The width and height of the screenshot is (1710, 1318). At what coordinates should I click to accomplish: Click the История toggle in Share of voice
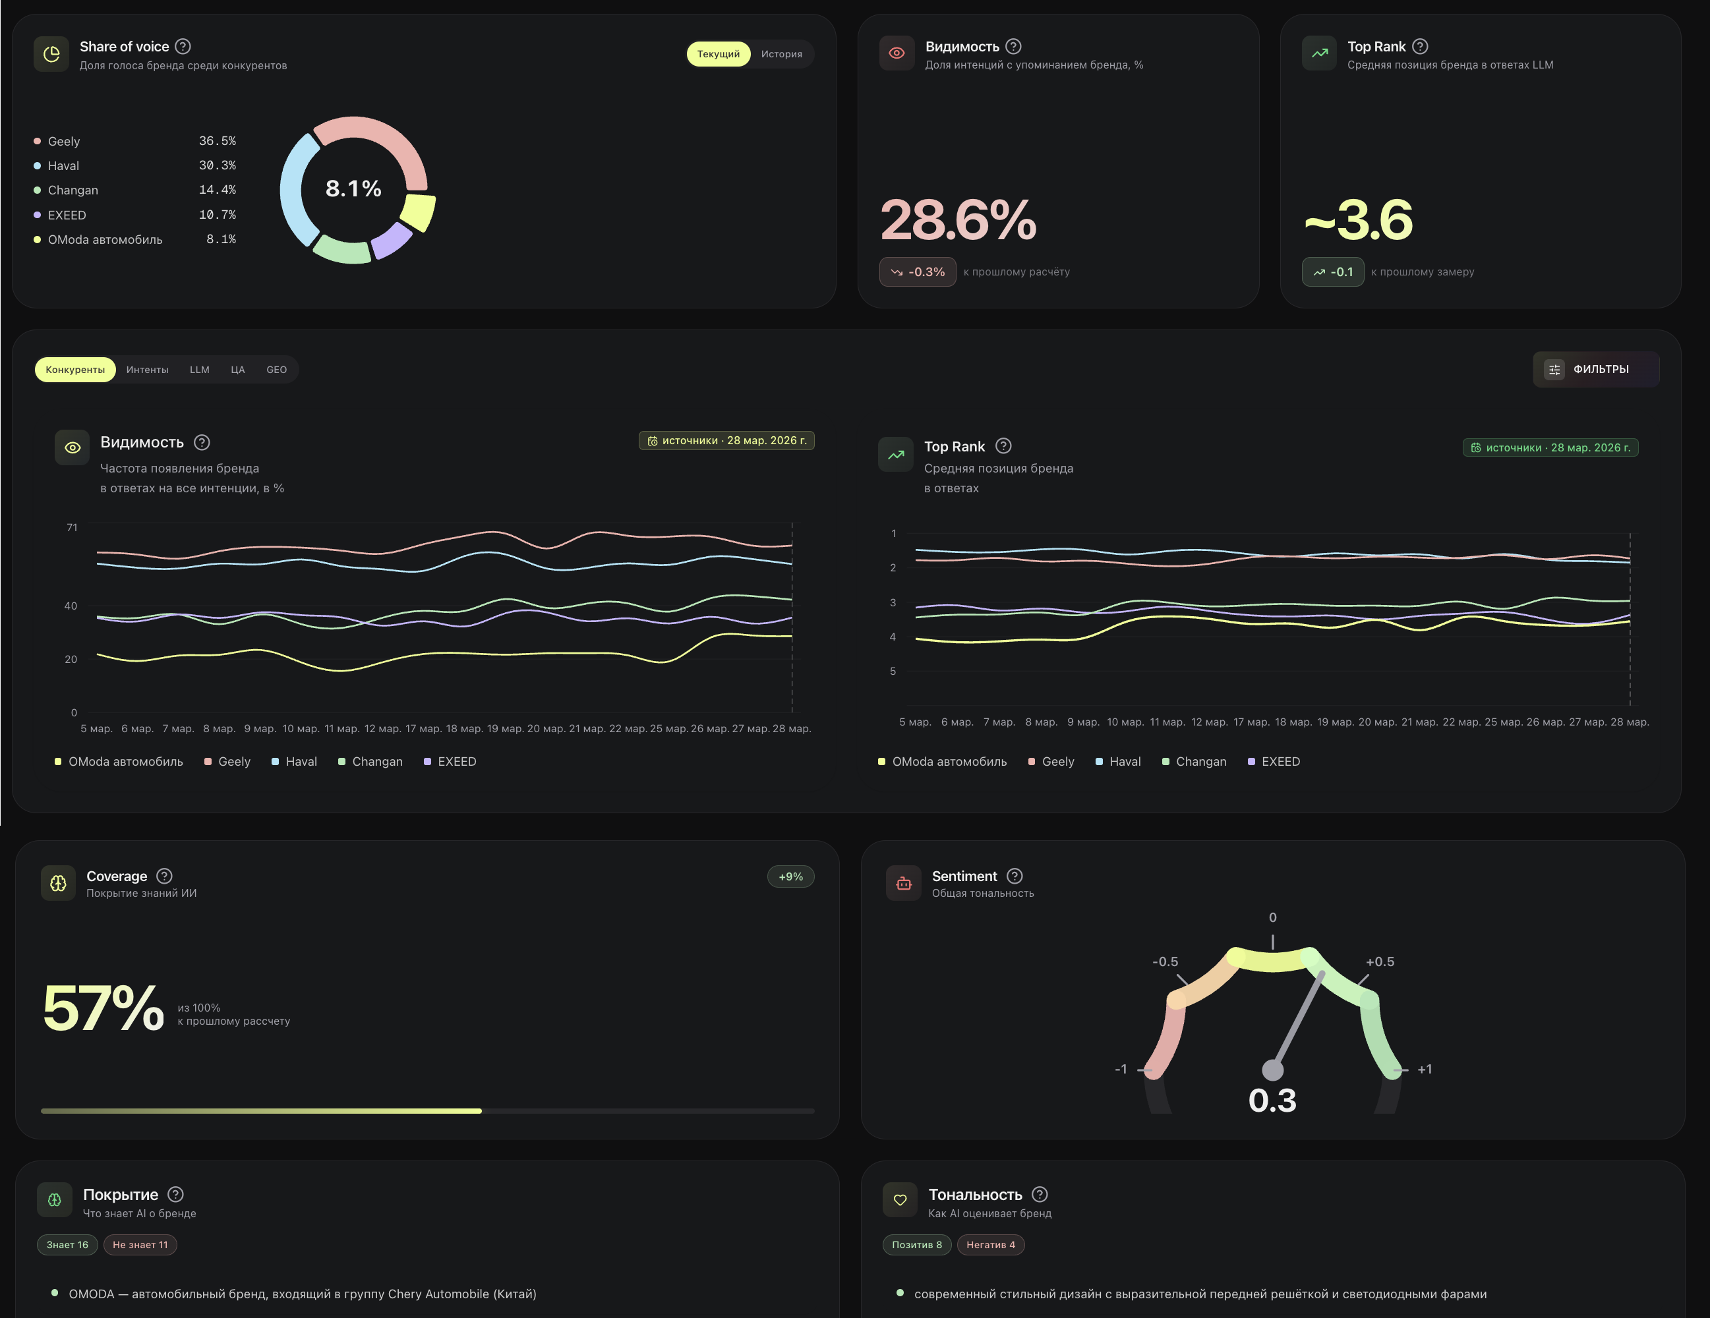click(x=781, y=54)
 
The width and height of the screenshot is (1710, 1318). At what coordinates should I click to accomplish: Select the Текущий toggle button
click(x=718, y=54)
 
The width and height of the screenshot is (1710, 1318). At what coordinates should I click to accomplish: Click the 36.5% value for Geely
click(x=217, y=141)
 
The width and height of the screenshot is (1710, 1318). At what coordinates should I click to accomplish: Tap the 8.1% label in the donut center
click(x=353, y=188)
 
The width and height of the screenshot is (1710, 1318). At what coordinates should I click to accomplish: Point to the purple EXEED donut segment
click(x=392, y=241)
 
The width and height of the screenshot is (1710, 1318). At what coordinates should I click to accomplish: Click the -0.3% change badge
click(x=918, y=272)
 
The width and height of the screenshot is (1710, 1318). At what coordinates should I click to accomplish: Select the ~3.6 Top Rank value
click(x=1359, y=220)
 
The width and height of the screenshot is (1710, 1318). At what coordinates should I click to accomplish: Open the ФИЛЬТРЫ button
click(x=1596, y=370)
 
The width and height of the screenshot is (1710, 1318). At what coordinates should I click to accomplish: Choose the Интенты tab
click(x=147, y=370)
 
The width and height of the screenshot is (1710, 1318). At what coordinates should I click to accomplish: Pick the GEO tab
click(x=276, y=370)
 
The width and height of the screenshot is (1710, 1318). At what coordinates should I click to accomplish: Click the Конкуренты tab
click(x=75, y=370)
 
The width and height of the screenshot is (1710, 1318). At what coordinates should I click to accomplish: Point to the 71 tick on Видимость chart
click(x=72, y=527)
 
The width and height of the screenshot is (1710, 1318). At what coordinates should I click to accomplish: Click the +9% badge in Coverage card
click(x=791, y=876)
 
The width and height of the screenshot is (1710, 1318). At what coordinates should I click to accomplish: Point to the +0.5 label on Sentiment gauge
click(x=1380, y=962)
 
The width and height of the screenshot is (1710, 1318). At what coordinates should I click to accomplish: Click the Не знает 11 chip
click(x=140, y=1244)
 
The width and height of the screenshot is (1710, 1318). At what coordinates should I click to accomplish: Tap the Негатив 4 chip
click(x=990, y=1244)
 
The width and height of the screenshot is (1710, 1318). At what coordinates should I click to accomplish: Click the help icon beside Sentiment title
click(x=1015, y=876)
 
